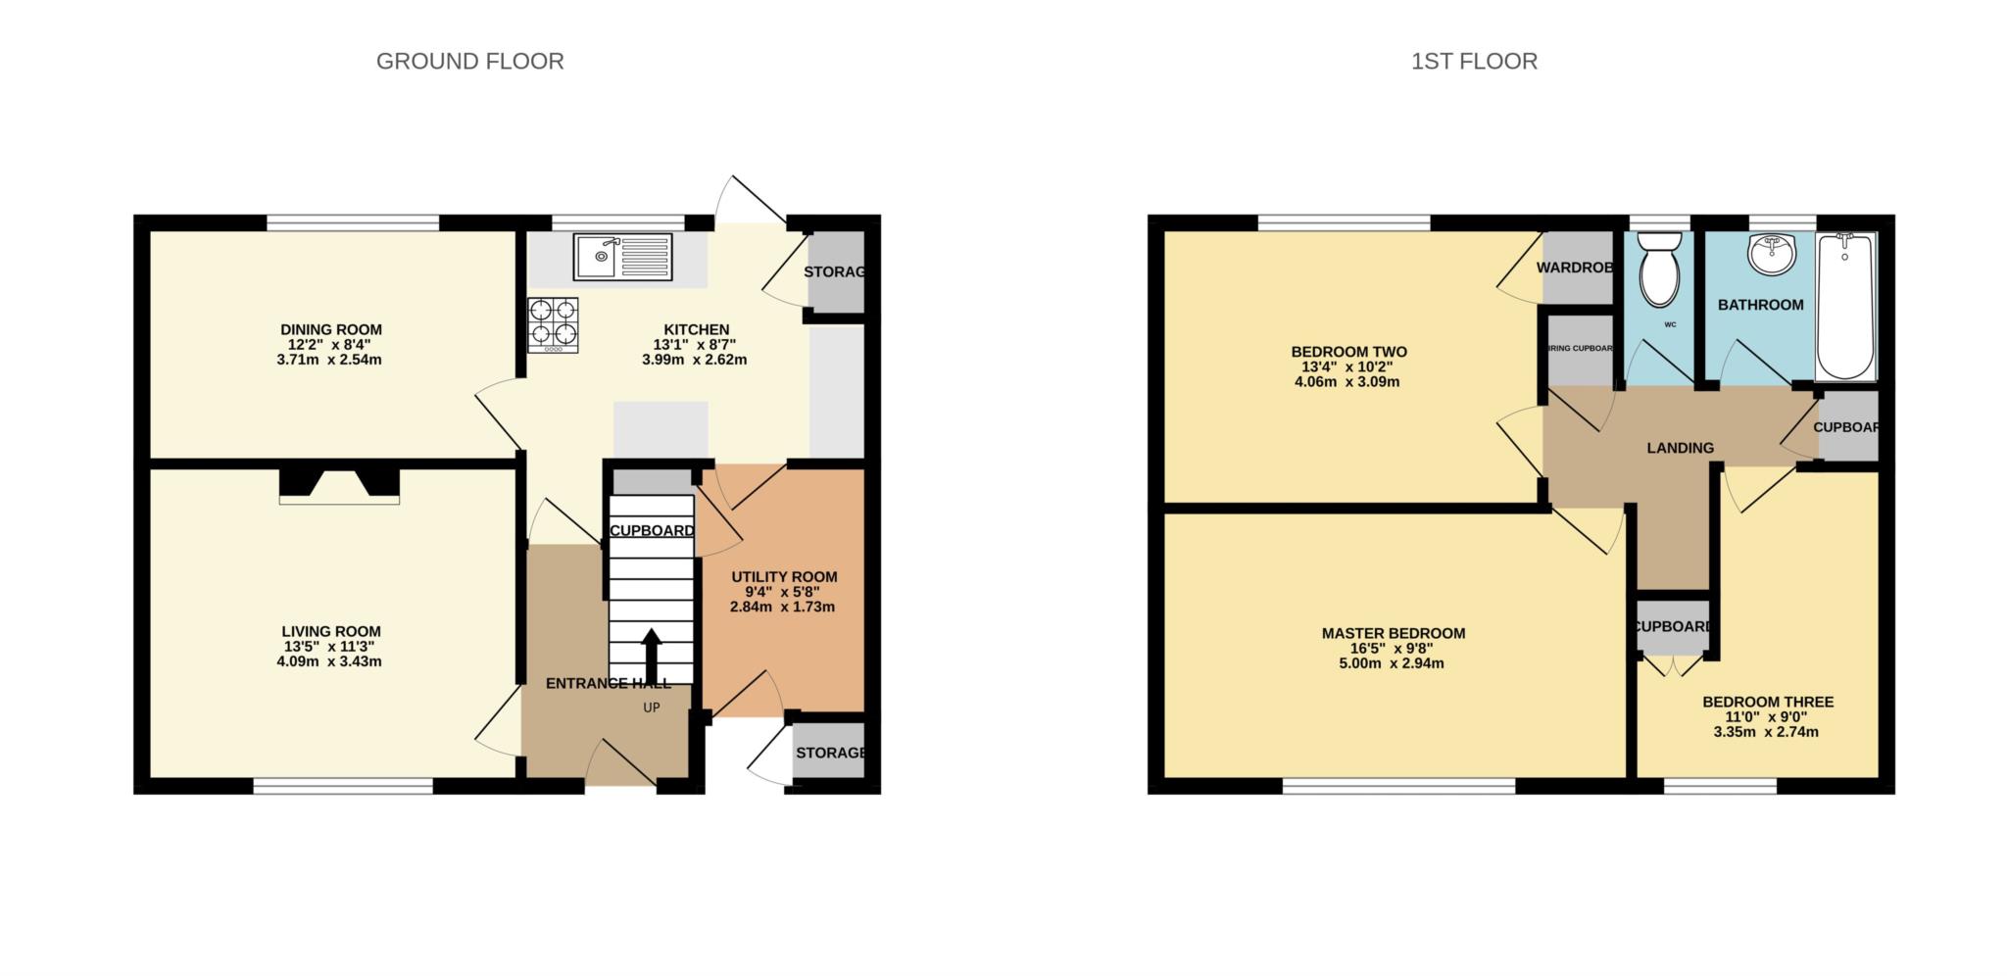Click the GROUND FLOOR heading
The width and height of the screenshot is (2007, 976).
pos(469,62)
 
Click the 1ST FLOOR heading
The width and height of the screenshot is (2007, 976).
pos(1474,62)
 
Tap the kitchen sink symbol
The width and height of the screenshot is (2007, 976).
pos(622,257)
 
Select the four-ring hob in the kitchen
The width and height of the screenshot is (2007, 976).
pos(553,324)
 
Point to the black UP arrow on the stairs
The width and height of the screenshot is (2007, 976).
pos(651,652)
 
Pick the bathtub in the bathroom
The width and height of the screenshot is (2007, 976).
pos(1844,306)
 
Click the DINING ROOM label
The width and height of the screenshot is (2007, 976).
pos(331,330)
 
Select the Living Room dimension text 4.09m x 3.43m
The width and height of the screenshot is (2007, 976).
pos(329,661)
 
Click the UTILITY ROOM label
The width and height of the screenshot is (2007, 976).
pos(784,577)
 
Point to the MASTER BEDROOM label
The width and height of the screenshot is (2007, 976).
pos(1393,634)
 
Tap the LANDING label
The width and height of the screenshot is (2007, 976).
pos(1680,448)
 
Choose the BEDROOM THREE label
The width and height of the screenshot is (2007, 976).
pos(1767,703)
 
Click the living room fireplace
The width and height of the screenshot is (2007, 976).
pos(339,486)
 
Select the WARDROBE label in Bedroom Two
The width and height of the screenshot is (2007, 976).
pos(1574,268)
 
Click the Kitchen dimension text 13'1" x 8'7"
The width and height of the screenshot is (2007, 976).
pos(694,345)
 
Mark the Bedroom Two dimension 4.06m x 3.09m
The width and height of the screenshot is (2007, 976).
pos(1347,382)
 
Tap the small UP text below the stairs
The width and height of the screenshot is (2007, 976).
pos(651,708)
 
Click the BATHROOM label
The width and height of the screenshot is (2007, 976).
pos(1760,305)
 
